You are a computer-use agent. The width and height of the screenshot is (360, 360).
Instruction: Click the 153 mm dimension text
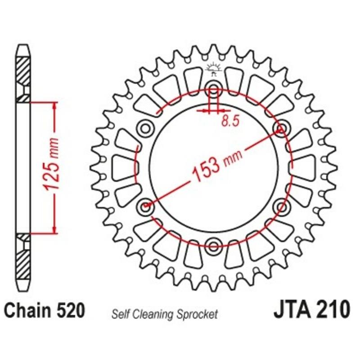click(217, 164)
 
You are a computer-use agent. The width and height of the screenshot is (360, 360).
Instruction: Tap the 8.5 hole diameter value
click(230, 121)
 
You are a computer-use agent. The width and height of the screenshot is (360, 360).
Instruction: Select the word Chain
click(27, 310)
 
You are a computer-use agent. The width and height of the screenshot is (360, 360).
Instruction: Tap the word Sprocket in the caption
click(197, 315)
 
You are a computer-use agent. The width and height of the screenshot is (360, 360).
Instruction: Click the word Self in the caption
click(121, 315)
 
